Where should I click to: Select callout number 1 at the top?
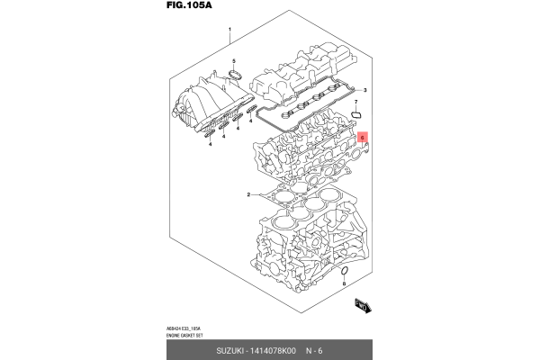click(x=230, y=30)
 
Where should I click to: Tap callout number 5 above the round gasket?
click(x=234, y=61)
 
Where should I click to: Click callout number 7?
click(x=355, y=103)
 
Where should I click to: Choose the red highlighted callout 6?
click(x=363, y=139)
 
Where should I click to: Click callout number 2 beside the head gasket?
click(x=248, y=194)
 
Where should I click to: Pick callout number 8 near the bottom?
click(x=343, y=283)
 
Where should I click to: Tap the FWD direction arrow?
click(x=364, y=307)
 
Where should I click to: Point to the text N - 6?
click(x=315, y=350)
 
